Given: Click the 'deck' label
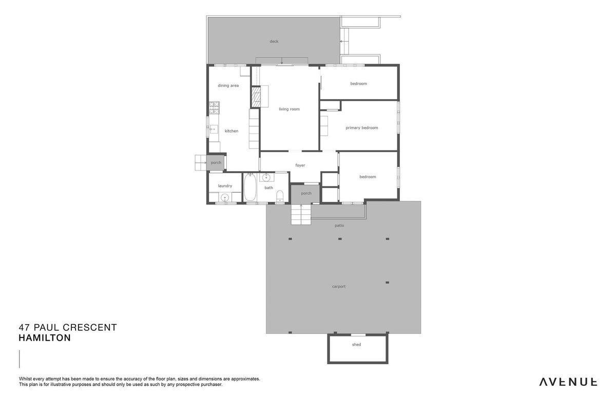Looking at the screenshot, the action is (274, 41).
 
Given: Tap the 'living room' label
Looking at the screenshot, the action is (289, 109).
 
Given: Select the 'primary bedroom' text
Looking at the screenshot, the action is (361, 128).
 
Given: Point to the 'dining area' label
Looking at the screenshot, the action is (228, 86).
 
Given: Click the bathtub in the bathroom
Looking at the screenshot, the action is (250, 187).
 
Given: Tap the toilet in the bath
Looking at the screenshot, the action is (280, 195).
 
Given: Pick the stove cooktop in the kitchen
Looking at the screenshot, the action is (214, 108).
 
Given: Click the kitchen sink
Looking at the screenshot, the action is (214, 129).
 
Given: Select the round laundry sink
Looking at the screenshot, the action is (225, 197).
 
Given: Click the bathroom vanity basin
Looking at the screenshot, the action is (266, 178).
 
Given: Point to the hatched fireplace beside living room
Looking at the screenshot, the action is (256, 97).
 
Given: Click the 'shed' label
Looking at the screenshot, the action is (356, 344).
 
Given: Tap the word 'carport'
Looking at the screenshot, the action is (338, 286).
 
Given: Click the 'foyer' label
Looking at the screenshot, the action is (300, 165).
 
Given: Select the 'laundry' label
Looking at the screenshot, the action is (225, 186).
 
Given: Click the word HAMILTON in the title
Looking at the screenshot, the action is (45, 338).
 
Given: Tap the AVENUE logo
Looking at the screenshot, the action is (568, 382).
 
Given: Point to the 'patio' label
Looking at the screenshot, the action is (339, 226).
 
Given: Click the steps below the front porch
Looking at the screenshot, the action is (301, 214).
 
